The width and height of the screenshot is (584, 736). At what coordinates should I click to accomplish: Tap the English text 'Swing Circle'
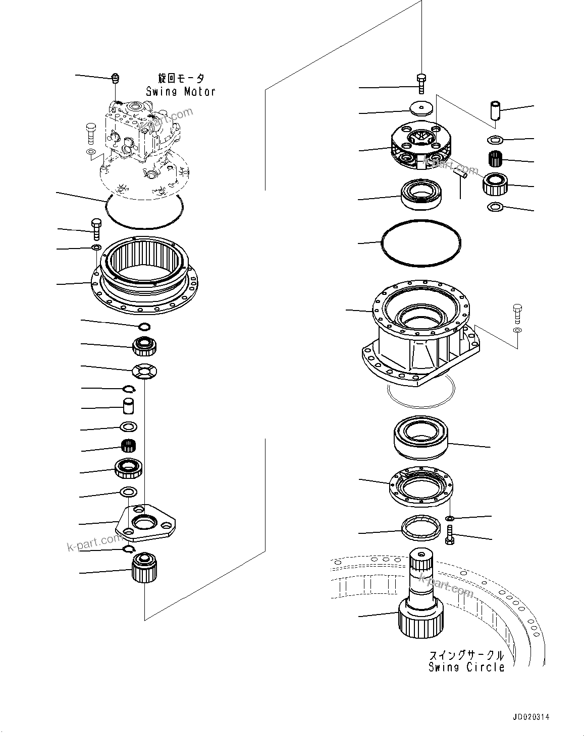(466, 667)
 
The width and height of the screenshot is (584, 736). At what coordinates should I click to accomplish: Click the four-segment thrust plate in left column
(144, 372)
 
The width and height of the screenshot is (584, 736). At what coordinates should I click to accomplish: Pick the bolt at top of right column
(421, 83)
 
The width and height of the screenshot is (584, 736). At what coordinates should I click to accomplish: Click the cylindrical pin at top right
(494, 110)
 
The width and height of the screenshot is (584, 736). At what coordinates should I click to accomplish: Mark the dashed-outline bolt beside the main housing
(517, 314)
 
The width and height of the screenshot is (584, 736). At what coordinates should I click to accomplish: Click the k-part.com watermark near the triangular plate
(93, 543)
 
